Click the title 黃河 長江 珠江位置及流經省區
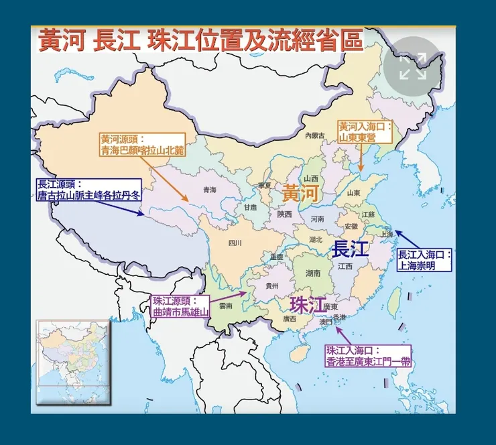200,41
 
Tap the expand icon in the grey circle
413,67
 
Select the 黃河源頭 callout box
141,145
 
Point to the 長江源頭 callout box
89,190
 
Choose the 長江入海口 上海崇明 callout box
424,259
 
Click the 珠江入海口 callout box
368,356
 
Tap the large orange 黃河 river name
299,193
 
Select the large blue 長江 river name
350,249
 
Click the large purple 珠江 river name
307,303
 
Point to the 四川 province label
234,243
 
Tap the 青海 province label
210,190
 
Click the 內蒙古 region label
314,135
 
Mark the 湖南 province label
313,273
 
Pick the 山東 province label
354,192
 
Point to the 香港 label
340,317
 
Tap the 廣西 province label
290,318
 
